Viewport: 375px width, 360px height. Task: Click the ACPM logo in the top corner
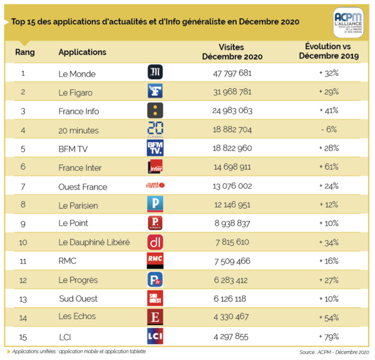click(x=349, y=22)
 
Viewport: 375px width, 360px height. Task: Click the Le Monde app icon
click(x=156, y=72)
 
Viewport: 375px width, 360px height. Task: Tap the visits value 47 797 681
click(x=232, y=72)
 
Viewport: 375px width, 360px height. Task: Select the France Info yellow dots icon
click(x=156, y=110)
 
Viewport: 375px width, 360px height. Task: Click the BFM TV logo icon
click(x=156, y=148)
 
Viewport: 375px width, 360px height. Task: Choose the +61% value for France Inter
click(x=329, y=167)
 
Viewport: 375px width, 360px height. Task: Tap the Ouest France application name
click(x=83, y=187)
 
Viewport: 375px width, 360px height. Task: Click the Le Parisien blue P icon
click(x=156, y=204)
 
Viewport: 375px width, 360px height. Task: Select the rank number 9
click(x=23, y=223)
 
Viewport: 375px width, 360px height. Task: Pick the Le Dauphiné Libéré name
click(x=94, y=243)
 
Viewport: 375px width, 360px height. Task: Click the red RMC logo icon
click(x=156, y=261)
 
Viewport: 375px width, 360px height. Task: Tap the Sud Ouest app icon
click(x=156, y=298)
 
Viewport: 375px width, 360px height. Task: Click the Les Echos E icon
click(x=156, y=316)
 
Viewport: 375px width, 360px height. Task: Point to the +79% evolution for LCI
click(x=329, y=336)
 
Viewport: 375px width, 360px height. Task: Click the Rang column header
click(x=25, y=52)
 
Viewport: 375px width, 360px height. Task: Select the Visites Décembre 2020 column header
click(x=232, y=52)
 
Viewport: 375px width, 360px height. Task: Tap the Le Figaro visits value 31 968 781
click(x=232, y=91)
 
